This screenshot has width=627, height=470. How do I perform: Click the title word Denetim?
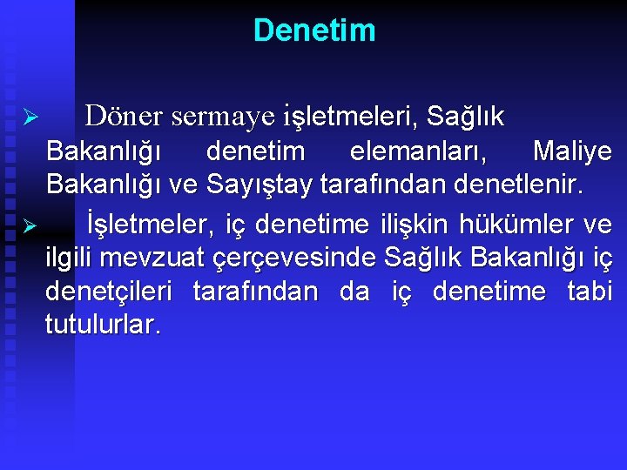tap(314, 30)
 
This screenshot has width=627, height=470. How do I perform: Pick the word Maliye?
tap(572, 151)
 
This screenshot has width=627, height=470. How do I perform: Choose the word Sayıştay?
tap(271, 185)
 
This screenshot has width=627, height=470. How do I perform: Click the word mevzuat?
tap(154, 258)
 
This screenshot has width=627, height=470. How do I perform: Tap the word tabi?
tap(590, 291)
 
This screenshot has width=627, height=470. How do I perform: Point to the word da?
tap(354, 291)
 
